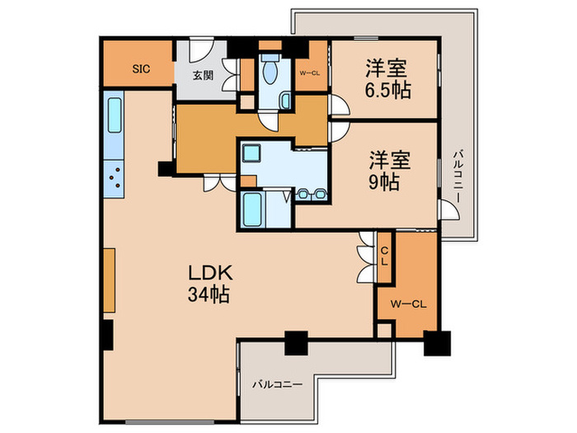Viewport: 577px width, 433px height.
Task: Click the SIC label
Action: coord(141,69)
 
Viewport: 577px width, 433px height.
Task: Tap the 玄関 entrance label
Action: coord(202,75)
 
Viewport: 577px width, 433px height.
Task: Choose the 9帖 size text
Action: coord(384,180)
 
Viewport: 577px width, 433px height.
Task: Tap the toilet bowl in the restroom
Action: coord(270,75)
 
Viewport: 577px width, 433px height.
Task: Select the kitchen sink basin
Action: coord(114,116)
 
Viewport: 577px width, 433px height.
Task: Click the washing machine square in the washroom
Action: coord(251,153)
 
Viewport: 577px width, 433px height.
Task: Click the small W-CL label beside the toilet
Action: coord(310,72)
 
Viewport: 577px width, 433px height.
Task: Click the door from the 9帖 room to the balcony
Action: coord(450,209)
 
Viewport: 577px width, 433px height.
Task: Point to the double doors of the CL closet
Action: coord(365,253)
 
